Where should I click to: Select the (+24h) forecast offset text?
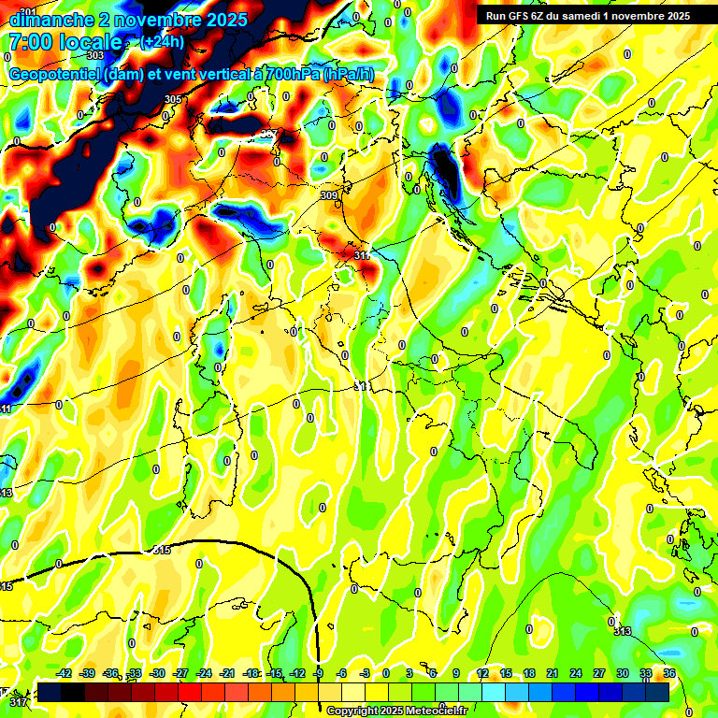pyautogui.click(x=162, y=42)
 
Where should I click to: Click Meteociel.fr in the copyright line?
pyautogui.click(x=434, y=711)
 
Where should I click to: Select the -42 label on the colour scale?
pyautogui.click(x=64, y=673)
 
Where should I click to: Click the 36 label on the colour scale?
pyautogui.click(x=669, y=673)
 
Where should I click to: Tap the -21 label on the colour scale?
pyautogui.click(x=228, y=673)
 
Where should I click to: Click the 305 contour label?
pyautogui.click(x=172, y=99)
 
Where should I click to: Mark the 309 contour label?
pyautogui.click(x=328, y=195)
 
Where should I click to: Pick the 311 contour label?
pyautogui.click(x=363, y=254)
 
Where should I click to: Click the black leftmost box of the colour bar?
pyautogui.click(x=50, y=692)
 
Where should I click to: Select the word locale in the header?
pyautogui.click(x=91, y=42)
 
